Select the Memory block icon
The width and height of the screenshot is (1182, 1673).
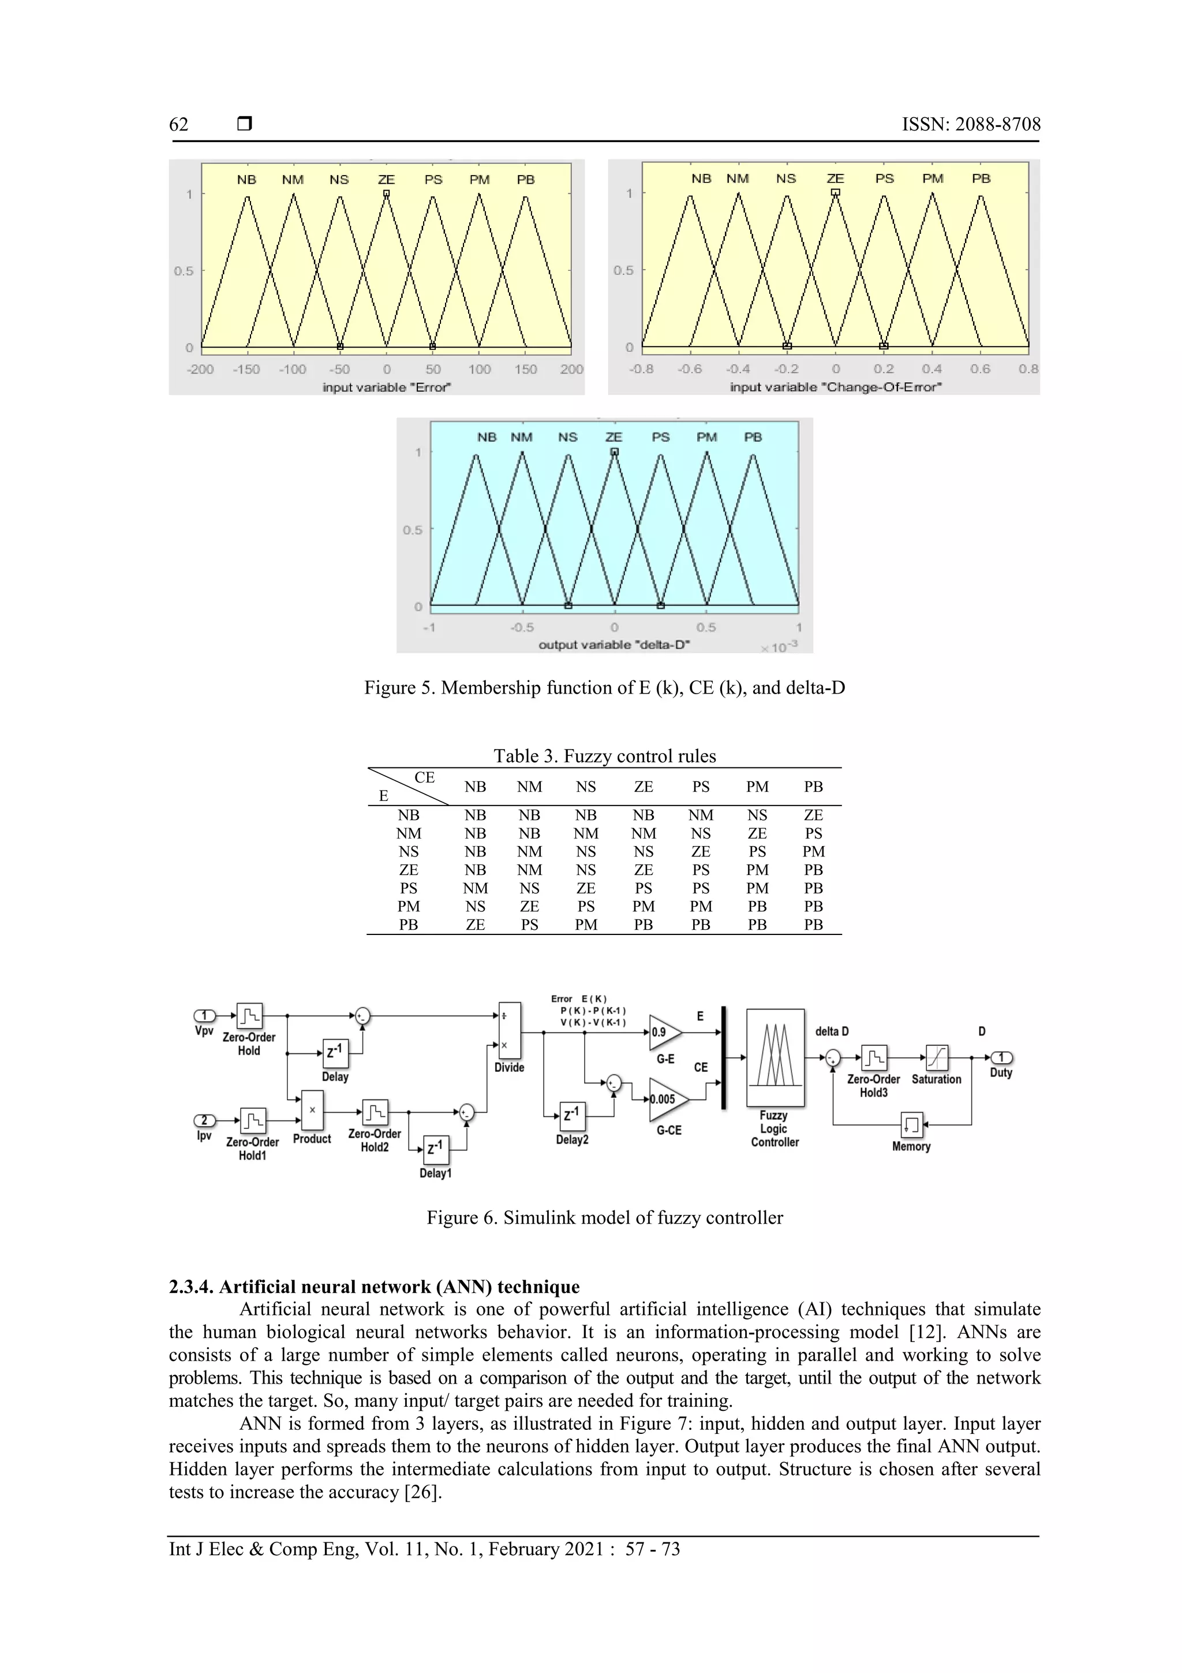pyautogui.click(x=911, y=1124)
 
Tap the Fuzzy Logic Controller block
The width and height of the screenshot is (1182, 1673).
pyautogui.click(x=775, y=1057)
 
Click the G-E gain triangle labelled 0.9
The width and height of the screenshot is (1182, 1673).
pyautogui.click(x=664, y=1032)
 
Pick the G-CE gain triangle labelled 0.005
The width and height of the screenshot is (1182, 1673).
pyautogui.click(x=667, y=1099)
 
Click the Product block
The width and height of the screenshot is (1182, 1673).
pyautogui.click(x=312, y=1111)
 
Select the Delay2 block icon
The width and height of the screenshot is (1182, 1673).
pyautogui.click(x=573, y=1113)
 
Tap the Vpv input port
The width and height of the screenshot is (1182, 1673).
pyautogui.click(x=204, y=1015)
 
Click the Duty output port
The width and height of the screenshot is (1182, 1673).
pyautogui.click(x=1001, y=1057)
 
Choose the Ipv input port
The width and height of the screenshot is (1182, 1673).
pyautogui.click(x=204, y=1120)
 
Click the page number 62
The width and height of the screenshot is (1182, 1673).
pyautogui.click(x=178, y=125)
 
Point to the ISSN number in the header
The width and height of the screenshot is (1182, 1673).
pyautogui.click(x=971, y=125)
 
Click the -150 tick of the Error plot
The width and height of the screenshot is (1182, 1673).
pyautogui.click(x=246, y=370)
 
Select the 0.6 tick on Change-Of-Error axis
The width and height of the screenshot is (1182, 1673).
pyautogui.click(x=979, y=368)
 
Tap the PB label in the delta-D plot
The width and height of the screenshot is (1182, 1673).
pyautogui.click(x=753, y=437)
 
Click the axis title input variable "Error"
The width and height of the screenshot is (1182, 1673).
pyautogui.click(x=387, y=387)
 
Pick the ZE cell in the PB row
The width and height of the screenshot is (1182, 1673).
pyautogui.click(x=475, y=925)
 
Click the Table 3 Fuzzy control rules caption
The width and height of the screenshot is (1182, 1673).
pyautogui.click(x=604, y=755)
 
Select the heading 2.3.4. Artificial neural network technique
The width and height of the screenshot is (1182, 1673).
pyautogui.click(x=375, y=1286)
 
